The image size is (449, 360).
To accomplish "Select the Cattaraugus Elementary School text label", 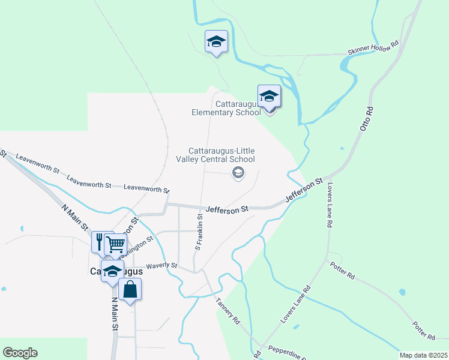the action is (x=226, y=108).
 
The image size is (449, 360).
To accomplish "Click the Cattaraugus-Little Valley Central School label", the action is (x=221, y=155).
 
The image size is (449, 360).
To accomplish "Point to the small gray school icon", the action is (x=238, y=173).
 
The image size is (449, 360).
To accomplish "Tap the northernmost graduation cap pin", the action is (x=216, y=42).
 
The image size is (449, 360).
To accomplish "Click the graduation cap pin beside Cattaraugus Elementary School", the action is (x=269, y=97).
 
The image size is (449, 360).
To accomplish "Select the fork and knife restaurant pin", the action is (x=101, y=241).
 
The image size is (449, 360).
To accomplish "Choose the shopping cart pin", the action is (x=115, y=244).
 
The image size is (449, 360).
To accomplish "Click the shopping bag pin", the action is (x=130, y=290).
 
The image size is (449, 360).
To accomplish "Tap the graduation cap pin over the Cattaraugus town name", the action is (x=112, y=271).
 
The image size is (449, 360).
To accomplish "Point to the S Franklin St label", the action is (x=199, y=232).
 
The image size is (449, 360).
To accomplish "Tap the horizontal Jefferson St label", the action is (x=227, y=210).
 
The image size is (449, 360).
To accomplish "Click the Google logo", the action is (x=20, y=353).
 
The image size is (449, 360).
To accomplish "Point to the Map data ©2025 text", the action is (x=423, y=355).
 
